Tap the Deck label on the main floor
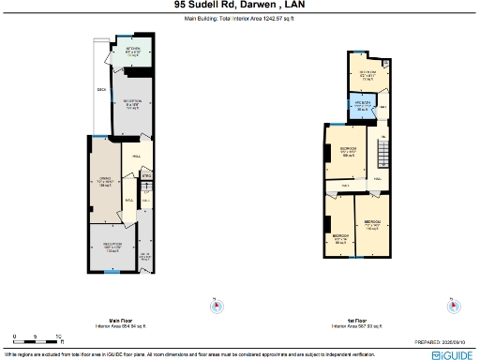(101, 90)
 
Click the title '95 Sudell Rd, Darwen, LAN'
(239, 5)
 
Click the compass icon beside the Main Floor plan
(215, 305)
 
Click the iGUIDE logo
(454, 356)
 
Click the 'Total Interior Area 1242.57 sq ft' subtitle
(239, 17)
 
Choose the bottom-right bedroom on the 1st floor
(372, 225)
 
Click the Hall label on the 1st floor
(378, 178)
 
